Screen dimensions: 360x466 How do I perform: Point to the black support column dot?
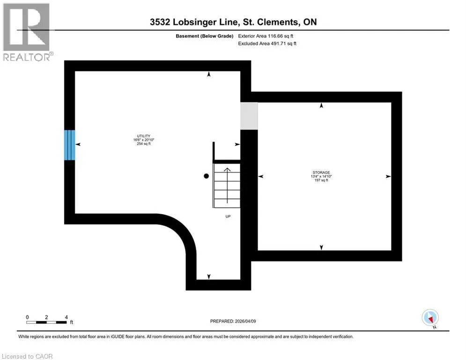(x=206, y=176)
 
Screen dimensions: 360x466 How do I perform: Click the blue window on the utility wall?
(x=69, y=145)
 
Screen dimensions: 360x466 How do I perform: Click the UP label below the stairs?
(x=228, y=216)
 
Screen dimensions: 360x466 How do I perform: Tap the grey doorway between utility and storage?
(x=249, y=116)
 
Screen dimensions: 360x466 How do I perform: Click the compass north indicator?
(x=429, y=317)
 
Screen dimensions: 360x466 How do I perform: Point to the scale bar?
(x=47, y=322)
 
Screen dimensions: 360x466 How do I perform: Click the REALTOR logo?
(x=27, y=32)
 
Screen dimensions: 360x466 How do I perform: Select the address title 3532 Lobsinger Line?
(x=233, y=22)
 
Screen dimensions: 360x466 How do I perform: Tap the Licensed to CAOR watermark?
(x=27, y=356)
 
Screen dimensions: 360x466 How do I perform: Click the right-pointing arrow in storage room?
(x=388, y=176)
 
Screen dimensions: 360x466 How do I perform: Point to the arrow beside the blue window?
(x=78, y=145)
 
